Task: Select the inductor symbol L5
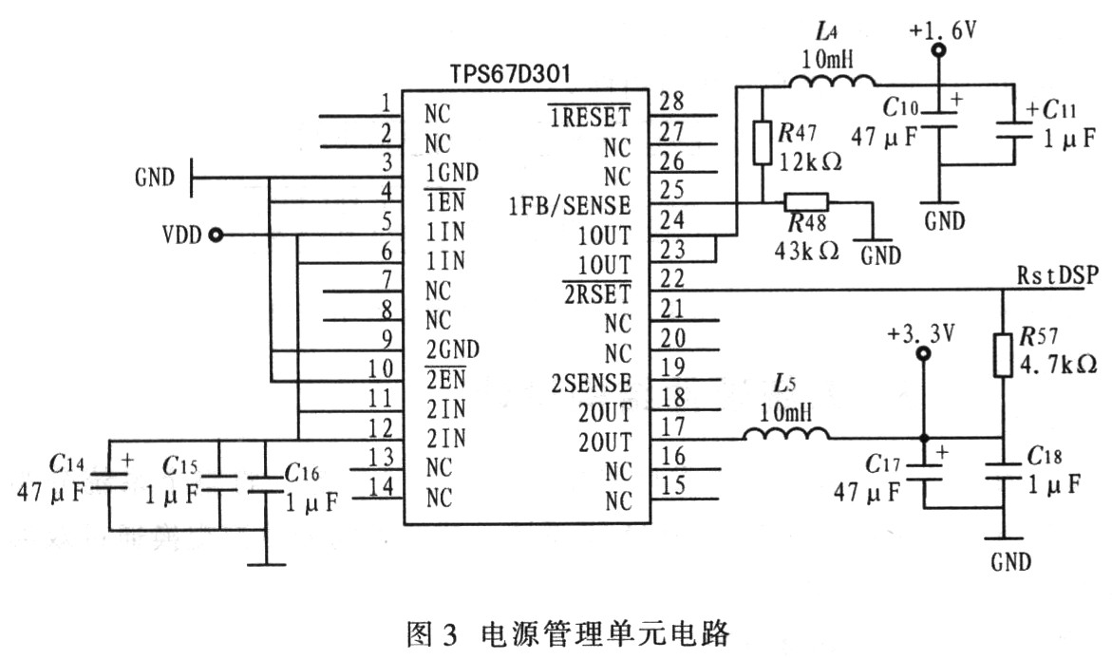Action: pyautogui.click(x=785, y=435)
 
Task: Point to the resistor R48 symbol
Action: pyautogui.click(x=806, y=201)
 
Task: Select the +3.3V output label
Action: pyautogui.click(x=920, y=336)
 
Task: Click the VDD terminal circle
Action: pyautogui.click(x=216, y=235)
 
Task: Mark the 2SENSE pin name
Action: pyautogui.click(x=591, y=383)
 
